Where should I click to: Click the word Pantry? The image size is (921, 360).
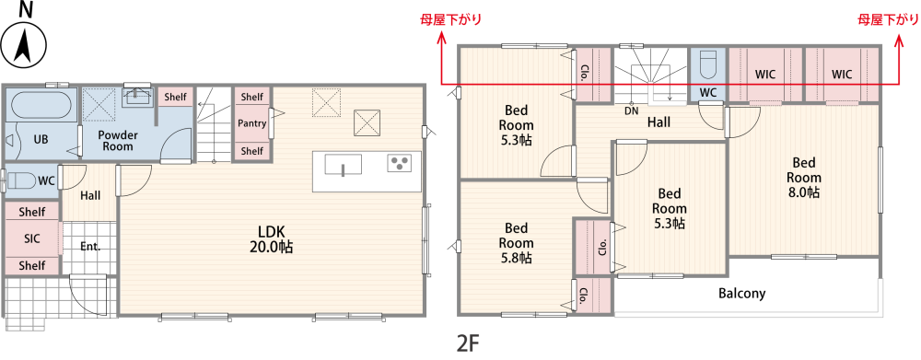point(251,123)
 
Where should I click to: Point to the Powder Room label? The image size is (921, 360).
point(117,140)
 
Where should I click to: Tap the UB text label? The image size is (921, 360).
point(41,140)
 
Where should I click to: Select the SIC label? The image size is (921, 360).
point(32,238)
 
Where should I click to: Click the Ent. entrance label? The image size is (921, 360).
point(89,247)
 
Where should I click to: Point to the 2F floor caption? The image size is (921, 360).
point(468,344)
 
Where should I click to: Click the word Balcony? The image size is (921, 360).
point(741,294)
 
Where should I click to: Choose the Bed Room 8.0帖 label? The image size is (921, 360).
point(803,178)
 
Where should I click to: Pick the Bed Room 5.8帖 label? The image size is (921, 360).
point(516,243)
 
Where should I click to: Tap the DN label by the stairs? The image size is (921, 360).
point(631,110)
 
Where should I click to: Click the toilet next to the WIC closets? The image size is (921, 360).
point(707,65)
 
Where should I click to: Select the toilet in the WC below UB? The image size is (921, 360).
point(20,180)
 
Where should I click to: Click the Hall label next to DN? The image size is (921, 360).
point(658,122)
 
